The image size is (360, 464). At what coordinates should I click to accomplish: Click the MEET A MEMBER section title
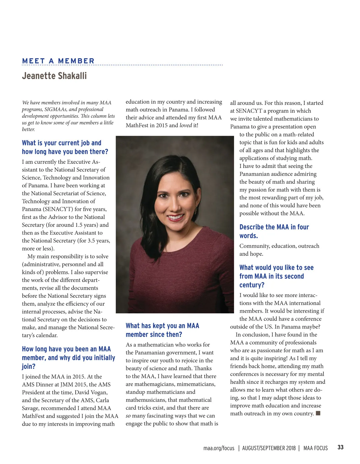coord(58,61)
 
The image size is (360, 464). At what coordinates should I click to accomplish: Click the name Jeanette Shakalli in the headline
coord(54,75)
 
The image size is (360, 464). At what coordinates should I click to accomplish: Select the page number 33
coord(340,447)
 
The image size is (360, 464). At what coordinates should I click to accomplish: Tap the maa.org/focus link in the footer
coord(219,448)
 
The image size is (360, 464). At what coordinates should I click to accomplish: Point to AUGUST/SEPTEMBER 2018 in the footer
coord(269,448)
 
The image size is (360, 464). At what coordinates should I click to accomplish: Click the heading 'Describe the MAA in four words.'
coord(274,231)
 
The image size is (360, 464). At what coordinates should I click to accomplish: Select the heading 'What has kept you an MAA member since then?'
coord(162,330)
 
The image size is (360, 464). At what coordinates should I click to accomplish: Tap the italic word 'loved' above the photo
coord(185,125)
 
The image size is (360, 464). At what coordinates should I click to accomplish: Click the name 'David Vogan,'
coord(91,392)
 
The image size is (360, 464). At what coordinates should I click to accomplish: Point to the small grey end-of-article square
coord(318,413)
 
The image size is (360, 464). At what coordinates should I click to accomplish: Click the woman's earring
coord(195,210)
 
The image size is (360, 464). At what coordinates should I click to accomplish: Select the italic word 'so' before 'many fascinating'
coord(128,416)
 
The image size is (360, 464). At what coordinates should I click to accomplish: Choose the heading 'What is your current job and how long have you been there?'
coord(65,147)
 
